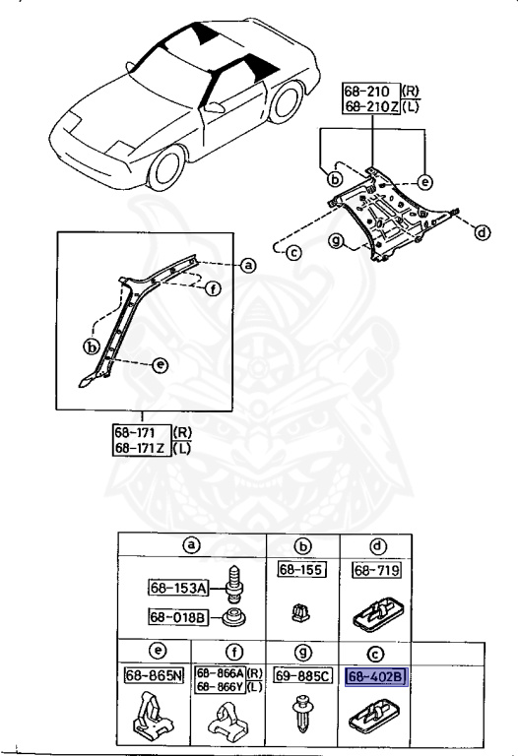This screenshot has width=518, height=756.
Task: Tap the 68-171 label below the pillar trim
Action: (x=140, y=432)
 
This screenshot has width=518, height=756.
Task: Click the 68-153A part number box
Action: (x=178, y=588)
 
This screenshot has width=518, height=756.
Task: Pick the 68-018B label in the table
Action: (x=178, y=617)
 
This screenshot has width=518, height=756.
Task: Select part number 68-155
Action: (x=293, y=570)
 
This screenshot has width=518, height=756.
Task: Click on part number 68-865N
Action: (x=154, y=676)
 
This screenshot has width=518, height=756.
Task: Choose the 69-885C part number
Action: (x=297, y=677)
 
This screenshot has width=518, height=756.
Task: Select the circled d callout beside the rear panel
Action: (x=481, y=233)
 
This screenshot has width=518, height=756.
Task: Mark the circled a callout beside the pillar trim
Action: (x=248, y=264)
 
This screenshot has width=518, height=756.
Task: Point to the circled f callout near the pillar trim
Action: (x=213, y=289)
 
